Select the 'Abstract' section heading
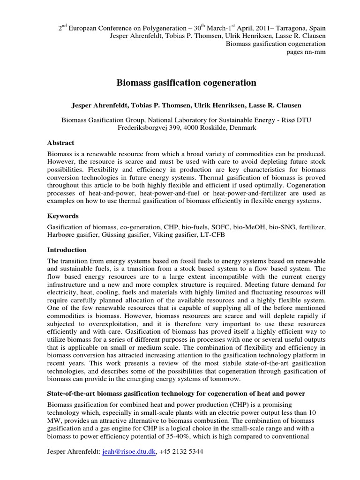coord(61,143)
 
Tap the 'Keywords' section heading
coord(63,216)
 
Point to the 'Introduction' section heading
coord(67,250)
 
